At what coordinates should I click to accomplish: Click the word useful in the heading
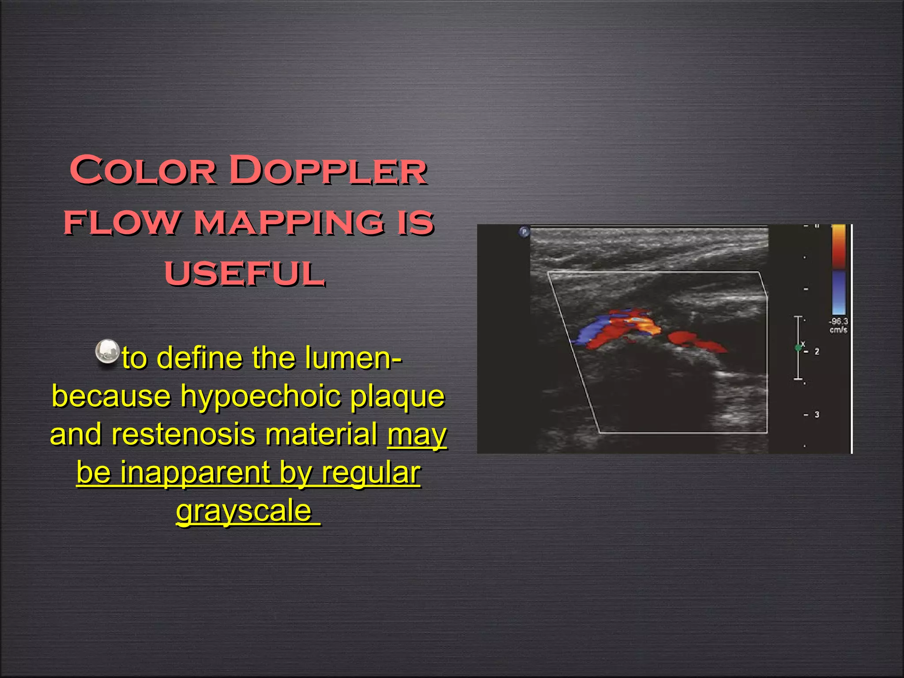(245, 273)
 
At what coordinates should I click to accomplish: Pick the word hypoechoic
(260, 396)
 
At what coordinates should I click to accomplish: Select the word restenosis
(183, 434)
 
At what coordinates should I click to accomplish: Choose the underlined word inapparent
(195, 472)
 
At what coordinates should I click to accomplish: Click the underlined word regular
(371, 472)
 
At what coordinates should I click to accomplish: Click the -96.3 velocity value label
(838, 322)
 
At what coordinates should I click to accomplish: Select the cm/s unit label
(838, 330)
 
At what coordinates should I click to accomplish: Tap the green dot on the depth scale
(798, 348)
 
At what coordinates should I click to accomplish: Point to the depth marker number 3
(817, 414)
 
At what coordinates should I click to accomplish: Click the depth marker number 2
(817, 352)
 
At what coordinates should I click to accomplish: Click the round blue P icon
(524, 232)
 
